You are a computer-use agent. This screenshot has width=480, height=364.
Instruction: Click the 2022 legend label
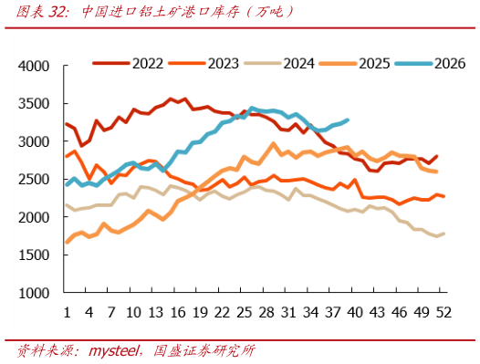(x=148, y=63)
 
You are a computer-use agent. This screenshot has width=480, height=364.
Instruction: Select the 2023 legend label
(x=224, y=63)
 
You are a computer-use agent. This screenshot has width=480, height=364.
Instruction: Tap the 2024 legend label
(x=298, y=63)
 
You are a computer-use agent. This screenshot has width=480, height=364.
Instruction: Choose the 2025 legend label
(x=374, y=63)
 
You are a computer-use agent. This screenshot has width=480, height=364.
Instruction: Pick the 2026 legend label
(x=450, y=63)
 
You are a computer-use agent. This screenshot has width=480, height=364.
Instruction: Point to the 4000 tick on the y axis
(x=34, y=66)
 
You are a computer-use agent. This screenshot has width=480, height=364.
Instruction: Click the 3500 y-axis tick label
(x=34, y=104)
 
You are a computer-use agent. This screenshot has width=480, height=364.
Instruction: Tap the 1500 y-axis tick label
(x=34, y=255)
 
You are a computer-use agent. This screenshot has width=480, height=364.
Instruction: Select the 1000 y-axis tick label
(x=34, y=293)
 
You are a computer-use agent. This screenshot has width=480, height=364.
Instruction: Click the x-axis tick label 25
(x=245, y=313)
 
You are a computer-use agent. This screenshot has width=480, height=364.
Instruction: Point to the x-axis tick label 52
(x=443, y=313)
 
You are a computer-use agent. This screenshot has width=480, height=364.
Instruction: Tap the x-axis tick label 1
(x=67, y=313)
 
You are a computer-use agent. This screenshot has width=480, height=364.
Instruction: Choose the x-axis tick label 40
(x=355, y=313)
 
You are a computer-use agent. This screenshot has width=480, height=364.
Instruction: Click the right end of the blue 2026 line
(x=348, y=120)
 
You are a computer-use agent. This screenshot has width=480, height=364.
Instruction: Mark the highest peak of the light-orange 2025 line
(x=274, y=143)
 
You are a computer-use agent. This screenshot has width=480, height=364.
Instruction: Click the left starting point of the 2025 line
(x=67, y=243)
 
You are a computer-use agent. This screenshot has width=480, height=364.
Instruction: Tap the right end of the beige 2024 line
(x=443, y=234)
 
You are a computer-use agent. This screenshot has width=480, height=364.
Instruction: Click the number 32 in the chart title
(x=56, y=12)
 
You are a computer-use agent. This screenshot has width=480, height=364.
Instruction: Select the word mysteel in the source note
(x=113, y=350)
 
